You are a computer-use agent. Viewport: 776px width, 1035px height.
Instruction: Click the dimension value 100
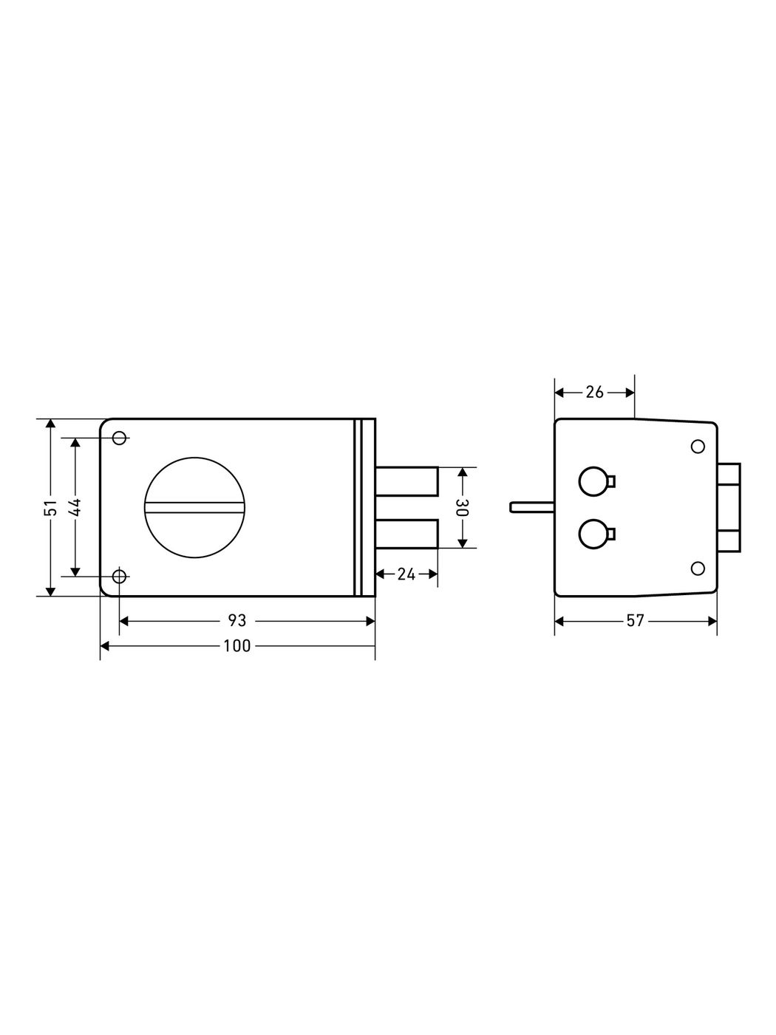pyautogui.click(x=237, y=646)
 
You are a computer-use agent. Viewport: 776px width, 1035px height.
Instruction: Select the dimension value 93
pyautogui.click(x=237, y=621)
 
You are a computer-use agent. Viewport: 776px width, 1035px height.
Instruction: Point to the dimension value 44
pyautogui.click(x=75, y=507)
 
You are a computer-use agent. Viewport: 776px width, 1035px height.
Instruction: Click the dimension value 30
pyautogui.click(x=462, y=507)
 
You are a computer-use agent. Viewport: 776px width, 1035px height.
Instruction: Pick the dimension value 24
pyautogui.click(x=406, y=574)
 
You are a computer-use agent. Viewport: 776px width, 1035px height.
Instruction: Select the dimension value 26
pyautogui.click(x=594, y=393)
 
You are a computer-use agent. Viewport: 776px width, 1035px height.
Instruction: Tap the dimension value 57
pyautogui.click(x=635, y=621)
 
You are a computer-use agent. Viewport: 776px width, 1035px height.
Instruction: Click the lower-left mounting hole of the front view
pyautogui.click(x=120, y=576)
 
